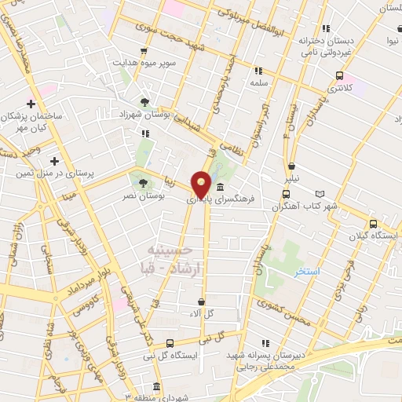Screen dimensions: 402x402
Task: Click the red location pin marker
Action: pos(202,184)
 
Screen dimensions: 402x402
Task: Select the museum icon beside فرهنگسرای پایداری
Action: pos(219,187)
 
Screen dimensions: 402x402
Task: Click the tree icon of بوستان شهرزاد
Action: pos(144,102)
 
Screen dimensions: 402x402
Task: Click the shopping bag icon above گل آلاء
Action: pos(202,301)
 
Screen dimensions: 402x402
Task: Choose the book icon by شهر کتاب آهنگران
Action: pos(319,193)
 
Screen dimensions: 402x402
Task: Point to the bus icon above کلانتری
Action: pos(339,75)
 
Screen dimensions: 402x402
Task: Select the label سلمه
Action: pos(259,82)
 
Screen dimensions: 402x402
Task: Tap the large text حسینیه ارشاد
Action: pos(170,259)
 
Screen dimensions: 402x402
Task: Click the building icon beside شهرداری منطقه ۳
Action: pos(155,387)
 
